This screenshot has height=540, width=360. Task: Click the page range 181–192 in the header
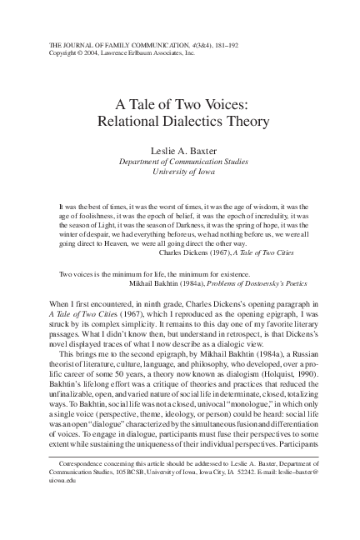[209, 43]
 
